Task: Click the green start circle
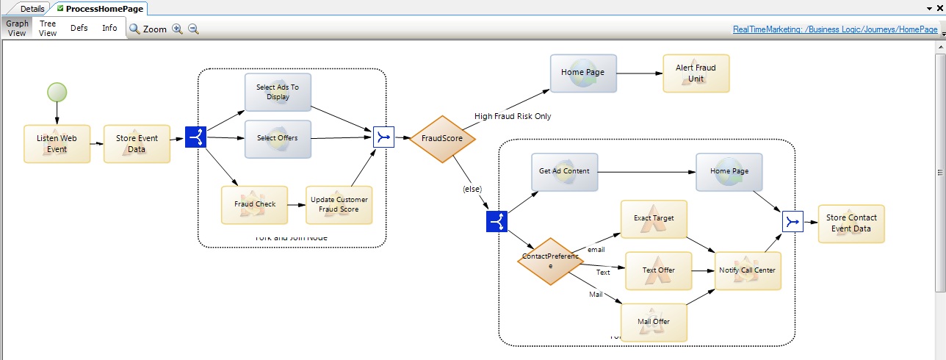[x=57, y=93]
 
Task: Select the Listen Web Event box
[x=57, y=143]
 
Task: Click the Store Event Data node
[x=137, y=143]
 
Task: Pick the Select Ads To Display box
[x=278, y=92]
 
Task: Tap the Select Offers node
[x=278, y=138]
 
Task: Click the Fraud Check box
[x=254, y=204]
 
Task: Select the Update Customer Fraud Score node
[x=339, y=204]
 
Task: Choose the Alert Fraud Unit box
[x=696, y=73]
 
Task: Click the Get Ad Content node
[x=564, y=171]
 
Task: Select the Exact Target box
[x=654, y=218]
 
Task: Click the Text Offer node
[x=658, y=270]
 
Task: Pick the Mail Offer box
[x=654, y=322]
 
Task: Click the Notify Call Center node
[x=748, y=270]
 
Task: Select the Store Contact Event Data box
[x=851, y=223]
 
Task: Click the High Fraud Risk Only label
[x=512, y=116]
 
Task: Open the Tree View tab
[x=48, y=28]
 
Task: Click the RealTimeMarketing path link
[x=835, y=30]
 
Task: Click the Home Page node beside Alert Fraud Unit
[x=583, y=73]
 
